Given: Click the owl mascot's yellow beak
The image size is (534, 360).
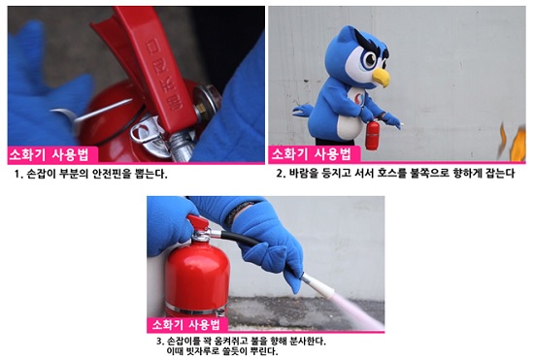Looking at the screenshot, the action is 382,77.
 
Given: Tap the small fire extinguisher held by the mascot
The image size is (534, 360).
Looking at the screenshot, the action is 372,136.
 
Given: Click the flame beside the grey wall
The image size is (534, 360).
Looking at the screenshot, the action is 514,143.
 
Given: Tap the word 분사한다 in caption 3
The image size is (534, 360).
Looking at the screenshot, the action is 307,341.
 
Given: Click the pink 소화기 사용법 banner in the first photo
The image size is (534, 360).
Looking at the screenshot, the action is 52,155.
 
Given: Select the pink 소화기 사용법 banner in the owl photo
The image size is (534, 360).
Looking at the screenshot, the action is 315,154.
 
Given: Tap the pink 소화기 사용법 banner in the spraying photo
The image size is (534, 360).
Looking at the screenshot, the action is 187,325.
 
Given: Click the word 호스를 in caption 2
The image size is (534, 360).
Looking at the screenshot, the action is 391,173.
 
